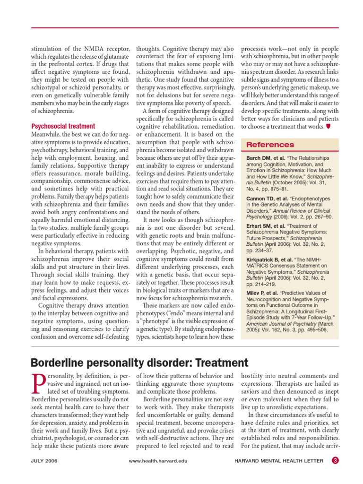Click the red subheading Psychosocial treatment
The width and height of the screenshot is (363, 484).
(63, 126)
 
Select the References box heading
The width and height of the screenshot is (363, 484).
(270, 145)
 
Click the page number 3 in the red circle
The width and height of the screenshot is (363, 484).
(335, 461)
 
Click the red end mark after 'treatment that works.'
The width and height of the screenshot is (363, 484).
(328, 127)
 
